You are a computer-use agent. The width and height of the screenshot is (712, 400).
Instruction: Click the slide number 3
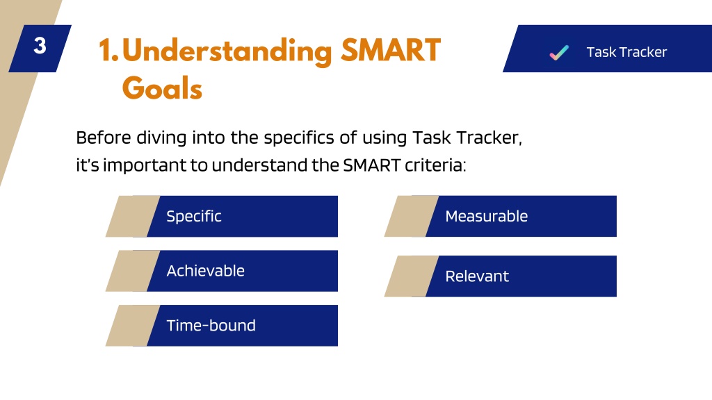[40, 46]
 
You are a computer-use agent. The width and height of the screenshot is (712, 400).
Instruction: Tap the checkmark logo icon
[559, 53]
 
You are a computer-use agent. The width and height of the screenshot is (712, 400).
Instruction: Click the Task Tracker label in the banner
[626, 52]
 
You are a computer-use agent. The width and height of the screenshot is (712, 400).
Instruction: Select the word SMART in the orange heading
[391, 50]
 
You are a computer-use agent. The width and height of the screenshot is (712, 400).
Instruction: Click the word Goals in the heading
[162, 88]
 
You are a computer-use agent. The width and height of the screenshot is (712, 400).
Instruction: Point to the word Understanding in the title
[227, 52]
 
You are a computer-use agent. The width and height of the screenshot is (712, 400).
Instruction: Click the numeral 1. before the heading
[108, 50]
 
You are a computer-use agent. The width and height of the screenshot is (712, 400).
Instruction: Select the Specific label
[194, 217]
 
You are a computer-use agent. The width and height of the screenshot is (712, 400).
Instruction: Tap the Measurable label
[486, 217]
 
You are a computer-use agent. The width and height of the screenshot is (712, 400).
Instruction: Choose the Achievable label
[206, 271]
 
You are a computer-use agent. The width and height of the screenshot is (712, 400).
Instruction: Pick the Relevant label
[477, 276]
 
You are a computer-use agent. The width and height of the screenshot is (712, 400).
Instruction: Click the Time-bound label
[211, 326]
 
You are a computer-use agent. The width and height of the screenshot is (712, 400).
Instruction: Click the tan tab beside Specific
[133, 217]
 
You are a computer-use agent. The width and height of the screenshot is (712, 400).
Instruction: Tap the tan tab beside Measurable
[412, 217]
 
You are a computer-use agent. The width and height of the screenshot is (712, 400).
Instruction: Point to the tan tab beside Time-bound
[133, 326]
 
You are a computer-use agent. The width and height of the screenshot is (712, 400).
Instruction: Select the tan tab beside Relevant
[412, 276]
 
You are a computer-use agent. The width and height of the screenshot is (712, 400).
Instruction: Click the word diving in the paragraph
[161, 138]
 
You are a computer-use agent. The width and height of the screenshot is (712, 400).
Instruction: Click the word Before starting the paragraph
[104, 137]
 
